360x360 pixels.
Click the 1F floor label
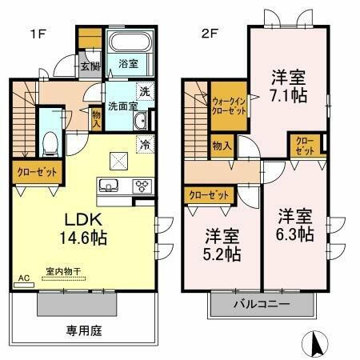click(38, 34)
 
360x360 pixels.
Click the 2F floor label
click(209, 34)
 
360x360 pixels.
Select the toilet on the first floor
click(50, 144)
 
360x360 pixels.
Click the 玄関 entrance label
click(89, 66)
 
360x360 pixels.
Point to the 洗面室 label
click(124, 104)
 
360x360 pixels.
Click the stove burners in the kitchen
click(141, 186)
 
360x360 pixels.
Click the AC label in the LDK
click(23, 278)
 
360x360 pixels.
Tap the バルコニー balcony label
click(262, 305)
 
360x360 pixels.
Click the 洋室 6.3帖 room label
click(296, 226)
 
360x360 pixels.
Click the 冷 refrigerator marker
click(146, 146)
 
